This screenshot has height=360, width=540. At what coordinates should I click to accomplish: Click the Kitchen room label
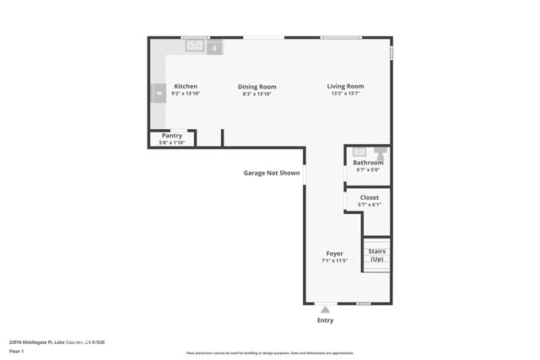(x=186, y=86)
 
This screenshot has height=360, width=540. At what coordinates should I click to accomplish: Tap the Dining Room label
(x=257, y=87)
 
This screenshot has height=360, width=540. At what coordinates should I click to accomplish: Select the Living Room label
(x=346, y=86)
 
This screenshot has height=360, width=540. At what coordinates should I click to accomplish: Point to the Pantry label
(x=172, y=135)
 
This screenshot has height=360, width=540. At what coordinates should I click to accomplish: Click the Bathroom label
(x=368, y=163)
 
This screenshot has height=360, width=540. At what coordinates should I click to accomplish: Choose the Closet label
(x=370, y=197)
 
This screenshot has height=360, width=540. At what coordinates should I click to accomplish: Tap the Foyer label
(x=335, y=254)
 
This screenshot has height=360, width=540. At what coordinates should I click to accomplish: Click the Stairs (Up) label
(x=376, y=255)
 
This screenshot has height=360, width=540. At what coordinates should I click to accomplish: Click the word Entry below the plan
(x=325, y=320)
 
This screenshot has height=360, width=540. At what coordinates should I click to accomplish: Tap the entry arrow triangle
(x=325, y=309)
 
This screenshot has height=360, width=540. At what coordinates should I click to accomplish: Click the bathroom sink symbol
(x=357, y=152)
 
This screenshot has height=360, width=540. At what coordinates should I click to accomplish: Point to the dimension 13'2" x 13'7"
(x=346, y=94)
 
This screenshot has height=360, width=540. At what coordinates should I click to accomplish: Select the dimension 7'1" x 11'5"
(x=335, y=261)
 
